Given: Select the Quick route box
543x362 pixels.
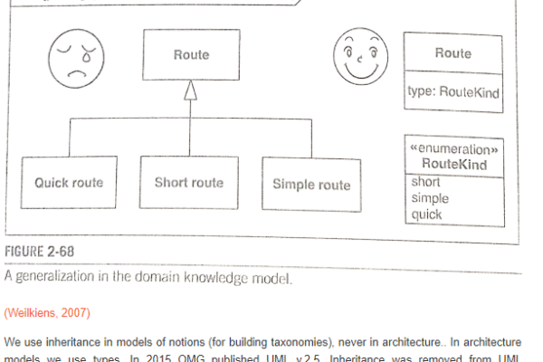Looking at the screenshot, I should pyautogui.click(x=69, y=182).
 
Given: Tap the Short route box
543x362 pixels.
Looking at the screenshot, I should pyautogui.click(x=189, y=182).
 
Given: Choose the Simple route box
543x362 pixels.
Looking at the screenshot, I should pyautogui.click(x=311, y=184).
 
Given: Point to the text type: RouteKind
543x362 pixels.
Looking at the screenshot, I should pyautogui.click(x=454, y=92).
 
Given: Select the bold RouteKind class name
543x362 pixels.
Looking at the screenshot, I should pyautogui.click(x=455, y=164).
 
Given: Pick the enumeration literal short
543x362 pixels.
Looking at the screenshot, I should pyautogui.click(x=426, y=182).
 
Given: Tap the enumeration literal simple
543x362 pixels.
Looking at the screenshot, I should pyautogui.click(x=430, y=197).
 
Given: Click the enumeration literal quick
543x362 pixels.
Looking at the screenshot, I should pyautogui.click(x=427, y=214).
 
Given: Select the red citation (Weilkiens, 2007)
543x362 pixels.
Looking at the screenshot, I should pyautogui.click(x=47, y=312).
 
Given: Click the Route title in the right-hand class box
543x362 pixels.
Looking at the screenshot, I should pyautogui.click(x=453, y=53).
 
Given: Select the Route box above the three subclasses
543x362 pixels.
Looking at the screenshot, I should pyautogui.click(x=190, y=55).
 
